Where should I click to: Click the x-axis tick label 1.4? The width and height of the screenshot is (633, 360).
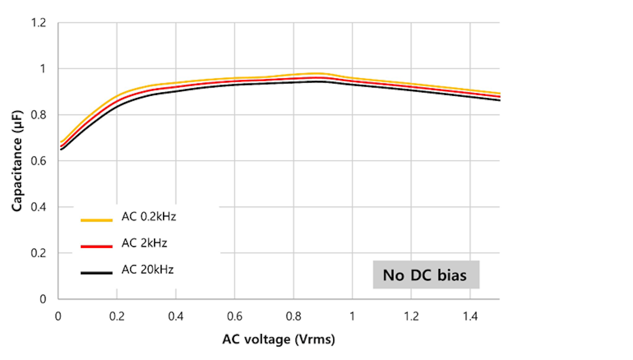tap(470, 316)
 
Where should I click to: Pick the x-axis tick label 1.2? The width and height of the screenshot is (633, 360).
tap(411, 316)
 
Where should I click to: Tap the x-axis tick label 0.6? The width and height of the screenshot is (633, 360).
tap(234, 316)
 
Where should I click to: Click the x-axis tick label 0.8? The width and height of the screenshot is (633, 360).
tap(293, 316)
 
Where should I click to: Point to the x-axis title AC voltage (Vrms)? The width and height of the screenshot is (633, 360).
tap(278, 339)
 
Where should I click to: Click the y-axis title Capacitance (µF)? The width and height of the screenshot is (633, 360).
tap(17, 161)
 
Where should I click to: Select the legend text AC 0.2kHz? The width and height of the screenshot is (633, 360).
tap(149, 217)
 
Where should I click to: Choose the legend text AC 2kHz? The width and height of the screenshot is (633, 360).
tap(144, 243)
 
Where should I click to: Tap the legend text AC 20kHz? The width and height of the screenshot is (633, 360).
tap(147, 269)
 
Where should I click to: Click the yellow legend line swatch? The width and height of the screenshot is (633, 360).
tap(97, 220)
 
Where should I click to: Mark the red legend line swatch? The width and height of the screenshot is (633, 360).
tap(97, 247)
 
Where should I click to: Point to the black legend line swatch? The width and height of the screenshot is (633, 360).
tap(97, 273)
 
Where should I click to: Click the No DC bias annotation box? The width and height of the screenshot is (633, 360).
tap(426, 275)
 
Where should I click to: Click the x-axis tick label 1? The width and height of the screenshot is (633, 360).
tap(352, 316)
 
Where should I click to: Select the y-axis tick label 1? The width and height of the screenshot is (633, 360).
tap(43, 69)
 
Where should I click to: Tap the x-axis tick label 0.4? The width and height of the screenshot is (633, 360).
tap(175, 316)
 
